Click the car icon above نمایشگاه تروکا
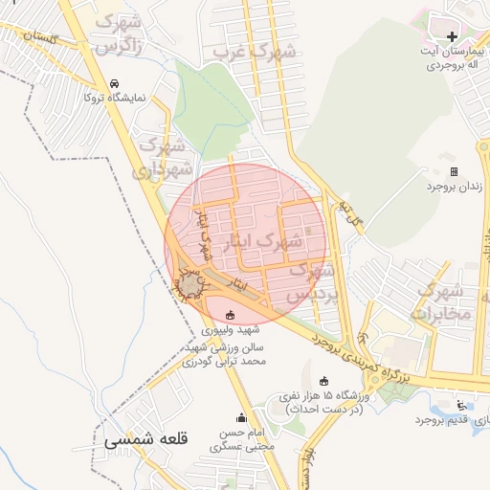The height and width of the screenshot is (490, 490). tap(115, 83)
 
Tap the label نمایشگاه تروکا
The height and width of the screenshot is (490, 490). tap(115, 98)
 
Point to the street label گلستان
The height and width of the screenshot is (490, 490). tap(40, 38)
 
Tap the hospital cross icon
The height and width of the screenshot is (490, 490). tap(452, 36)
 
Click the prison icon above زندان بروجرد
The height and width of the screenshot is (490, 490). tap(454, 172)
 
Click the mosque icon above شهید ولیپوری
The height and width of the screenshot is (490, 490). tap(228, 315)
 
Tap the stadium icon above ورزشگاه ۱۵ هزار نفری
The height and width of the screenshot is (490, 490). tap(323, 381)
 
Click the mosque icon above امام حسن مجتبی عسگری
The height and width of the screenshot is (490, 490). tap(241, 417)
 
